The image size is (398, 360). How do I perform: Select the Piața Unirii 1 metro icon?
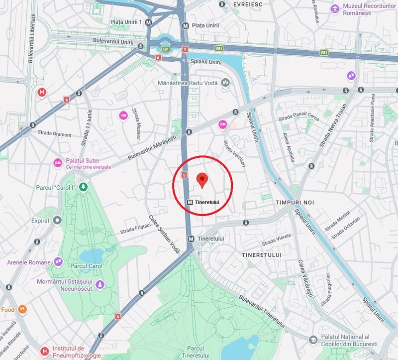pyautogui.click(x=149, y=22)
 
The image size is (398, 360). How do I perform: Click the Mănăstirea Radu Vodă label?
pyautogui.click(x=188, y=82)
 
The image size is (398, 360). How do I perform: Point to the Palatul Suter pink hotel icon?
pyautogui.click(x=58, y=163)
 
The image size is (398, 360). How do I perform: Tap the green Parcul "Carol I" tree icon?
pyautogui.click(x=84, y=187)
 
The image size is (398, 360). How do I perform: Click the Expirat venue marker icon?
pyautogui.click(x=57, y=220)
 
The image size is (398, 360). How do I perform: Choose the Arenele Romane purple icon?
pyautogui.click(x=58, y=261)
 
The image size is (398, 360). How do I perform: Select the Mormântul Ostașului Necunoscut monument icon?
pyautogui.click(x=100, y=284)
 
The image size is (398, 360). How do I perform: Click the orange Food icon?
pyautogui.click(x=22, y=310)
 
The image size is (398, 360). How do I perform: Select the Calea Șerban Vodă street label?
pyautogui.click(x=163, y=235)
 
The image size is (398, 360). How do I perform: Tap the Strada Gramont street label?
pyautogui.click(x=55, y=134)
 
